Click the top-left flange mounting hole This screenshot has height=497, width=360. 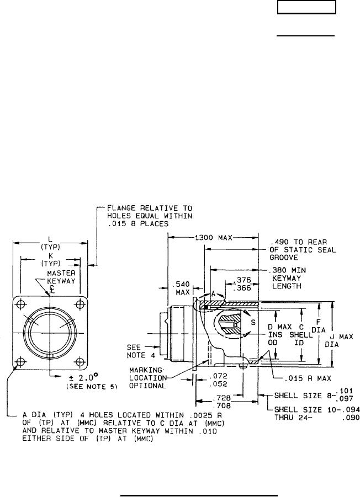point(21,305)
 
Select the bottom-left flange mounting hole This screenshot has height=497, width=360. point(21,362)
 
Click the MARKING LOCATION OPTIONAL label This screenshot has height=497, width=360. point(148,377)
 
